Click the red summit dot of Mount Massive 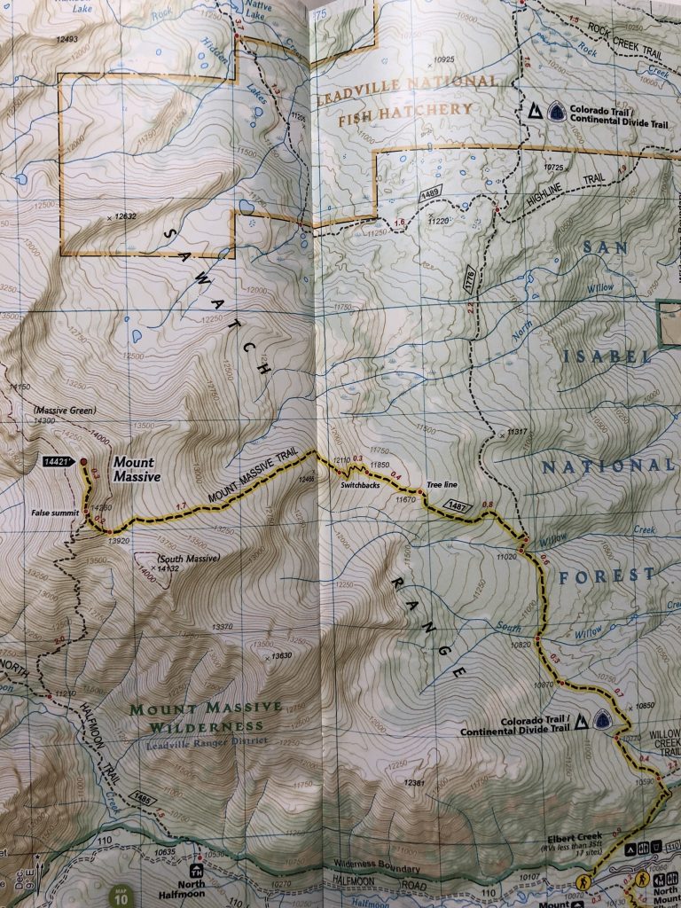click(x=83, y=462)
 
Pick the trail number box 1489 click(x=431, y=192)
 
